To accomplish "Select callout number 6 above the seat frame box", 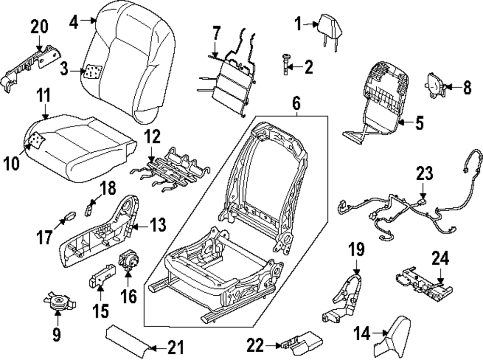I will [x=296, y=102].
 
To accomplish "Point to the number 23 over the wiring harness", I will [x=425, y=174].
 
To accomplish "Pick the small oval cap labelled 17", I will [x=69, y=215].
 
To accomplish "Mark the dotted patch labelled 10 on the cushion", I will [x=35, y=141].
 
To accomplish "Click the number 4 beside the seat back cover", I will [x=73, y=22].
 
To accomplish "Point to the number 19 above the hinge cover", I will [x=356, y=250].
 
